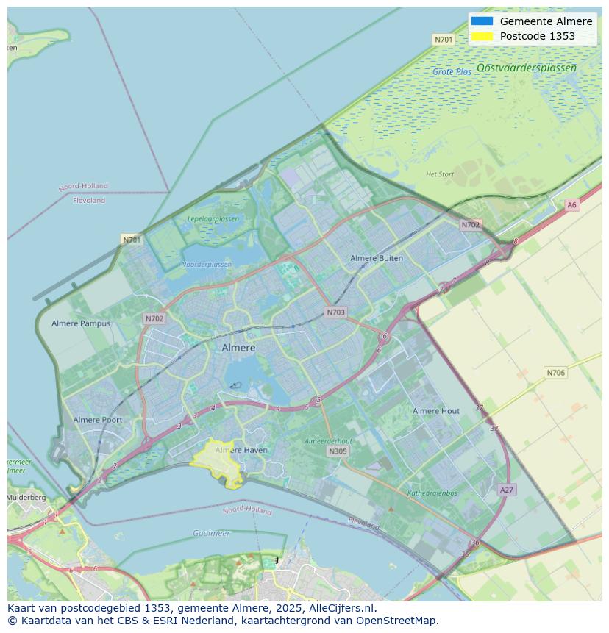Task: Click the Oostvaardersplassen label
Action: click(x=526, y=68)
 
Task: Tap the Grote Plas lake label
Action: click(x=452, y=72)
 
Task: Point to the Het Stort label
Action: click(x=440, y=174)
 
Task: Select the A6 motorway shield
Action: click(x=571, y=205)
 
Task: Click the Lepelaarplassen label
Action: click(x=213, y=218)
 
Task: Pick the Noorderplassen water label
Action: click(x=206, y=264)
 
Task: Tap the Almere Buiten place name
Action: click(x=376, y=258)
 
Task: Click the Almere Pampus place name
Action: click(x=81, y=323)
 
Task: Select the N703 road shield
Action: click(x=335, y=312)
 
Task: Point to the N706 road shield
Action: click(x=555, y=373)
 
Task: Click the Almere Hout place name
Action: click(x=435, y=411)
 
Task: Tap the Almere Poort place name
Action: click(x=98, y=420)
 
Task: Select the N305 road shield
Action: click(x=338, y=451)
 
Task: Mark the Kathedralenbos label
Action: click(x=432, y=493)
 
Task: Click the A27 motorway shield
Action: click(x=506, y=490)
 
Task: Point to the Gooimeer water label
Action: click(x=211, y=533)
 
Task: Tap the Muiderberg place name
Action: click(x=26, y=498)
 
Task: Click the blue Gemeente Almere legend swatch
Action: click(x=482, y=21)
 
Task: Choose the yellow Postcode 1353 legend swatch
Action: click(x=482, y=36)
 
